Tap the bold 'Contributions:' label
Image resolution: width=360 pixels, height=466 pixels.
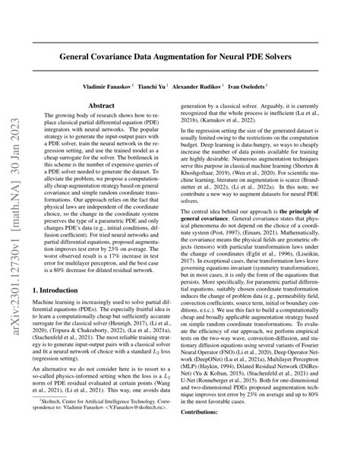[220, 452]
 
